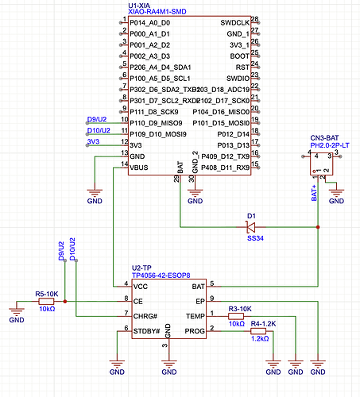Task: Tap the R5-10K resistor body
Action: [x=46, y=302]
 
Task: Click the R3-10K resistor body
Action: [x=237, y=315]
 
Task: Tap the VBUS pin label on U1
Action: [x=139, y=168]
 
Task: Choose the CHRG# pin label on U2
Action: [x=146, y=316]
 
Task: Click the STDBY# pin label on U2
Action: [x=148, y=330]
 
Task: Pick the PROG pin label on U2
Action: [x=194, y=330]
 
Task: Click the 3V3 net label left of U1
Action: [x=93, y=142]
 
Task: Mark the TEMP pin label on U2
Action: [x=194, y=316]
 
